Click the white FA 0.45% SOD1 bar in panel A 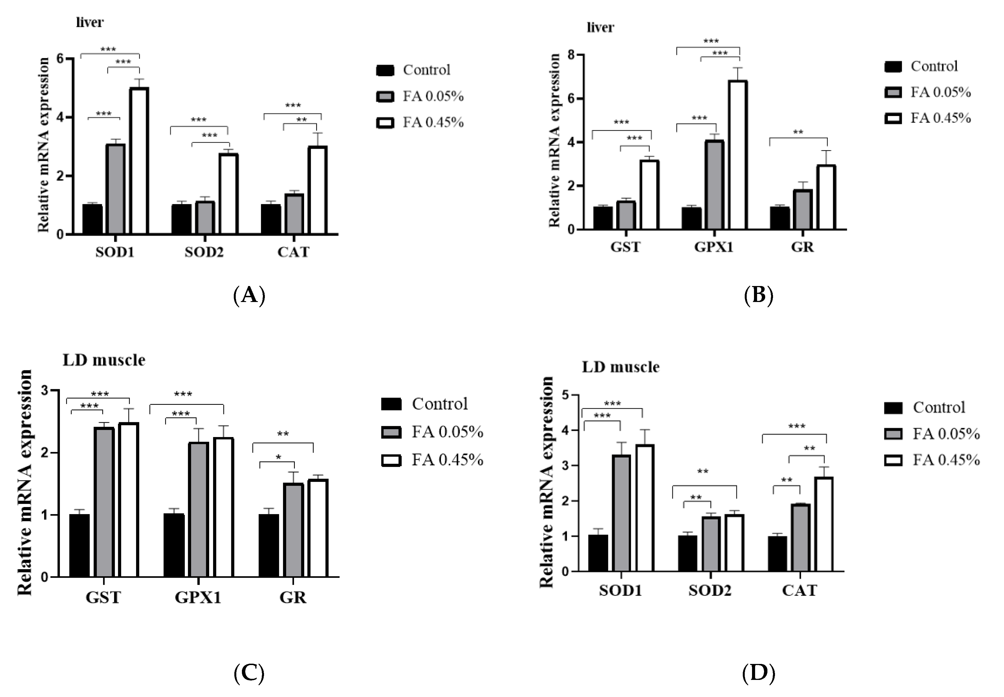click(x=139, y=161)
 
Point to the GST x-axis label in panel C click(x=103, y=597)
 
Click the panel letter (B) click(x=758, y=295)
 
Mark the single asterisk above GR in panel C click(x=278, y=457)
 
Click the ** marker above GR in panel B click(x=798, y=132)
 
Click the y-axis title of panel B click(x=554, y=141)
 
